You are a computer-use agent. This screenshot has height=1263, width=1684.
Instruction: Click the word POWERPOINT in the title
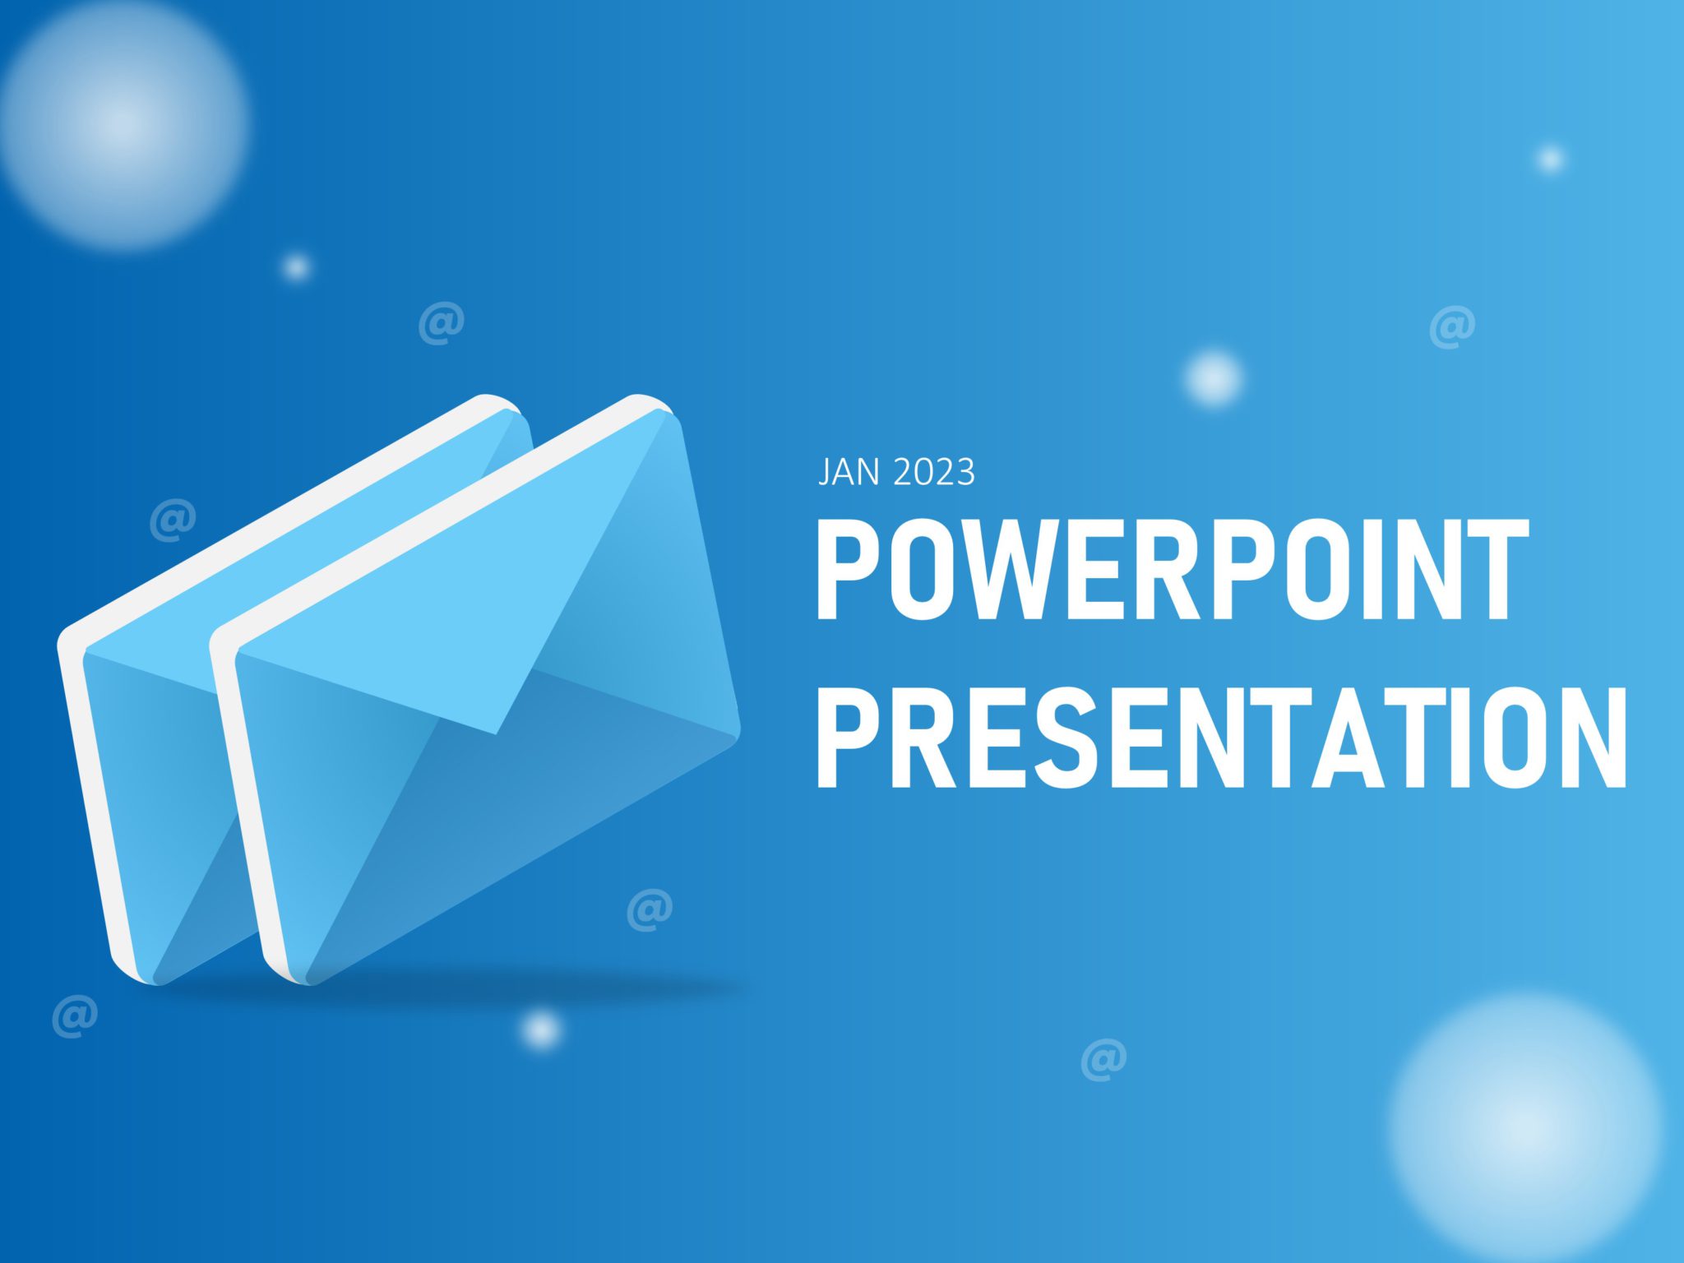[x=1172, y=569]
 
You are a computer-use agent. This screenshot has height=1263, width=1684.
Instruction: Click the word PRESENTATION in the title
[x=1221, y=738]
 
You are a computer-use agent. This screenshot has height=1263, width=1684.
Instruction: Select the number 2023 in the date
[x=933, y=472]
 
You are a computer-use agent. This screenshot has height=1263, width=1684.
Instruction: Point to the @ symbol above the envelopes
[x=442, y=323]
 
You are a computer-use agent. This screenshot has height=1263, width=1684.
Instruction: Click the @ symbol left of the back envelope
[x=173, y=520]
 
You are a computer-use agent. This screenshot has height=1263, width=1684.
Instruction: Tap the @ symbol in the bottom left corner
[x=75, y=1016]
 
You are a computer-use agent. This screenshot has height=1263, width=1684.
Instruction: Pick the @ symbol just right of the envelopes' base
[x=650, y=909]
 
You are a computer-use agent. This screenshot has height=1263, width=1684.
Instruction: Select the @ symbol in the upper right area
[x=1452, y=326]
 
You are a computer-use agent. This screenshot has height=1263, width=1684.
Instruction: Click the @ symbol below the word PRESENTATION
[x=1103, y=1059]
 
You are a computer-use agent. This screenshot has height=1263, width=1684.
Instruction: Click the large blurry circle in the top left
[x=123, y=123]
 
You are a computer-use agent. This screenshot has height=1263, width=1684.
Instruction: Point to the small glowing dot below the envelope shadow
[x=541, y=1029]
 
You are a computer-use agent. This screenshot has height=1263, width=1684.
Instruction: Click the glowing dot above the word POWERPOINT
[x=1213, y=377]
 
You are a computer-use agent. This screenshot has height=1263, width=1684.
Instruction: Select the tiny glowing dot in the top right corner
[x=1551, y=159]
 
